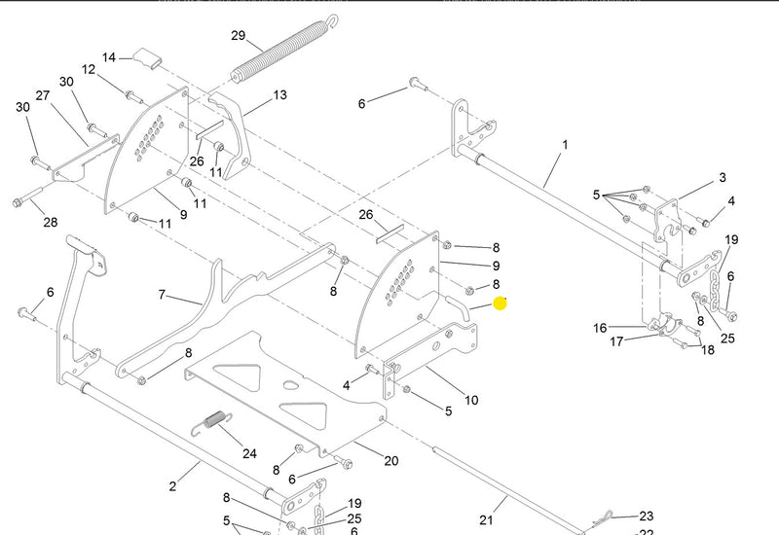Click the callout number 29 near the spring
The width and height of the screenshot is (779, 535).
coord(238,36)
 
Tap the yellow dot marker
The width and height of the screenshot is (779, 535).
coord(501,303)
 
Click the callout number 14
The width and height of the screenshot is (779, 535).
coord(109,57)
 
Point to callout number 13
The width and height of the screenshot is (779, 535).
coord(279,95)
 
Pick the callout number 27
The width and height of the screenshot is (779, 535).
coord(43,95)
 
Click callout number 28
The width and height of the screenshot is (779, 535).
coord(50,223)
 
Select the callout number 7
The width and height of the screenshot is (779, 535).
coord(163,294)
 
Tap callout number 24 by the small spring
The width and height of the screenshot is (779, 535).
coord(249,453)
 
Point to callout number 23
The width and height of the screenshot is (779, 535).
coord(646,517)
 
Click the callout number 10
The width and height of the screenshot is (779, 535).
coord(471,400)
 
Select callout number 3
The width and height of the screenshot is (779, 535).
coord(722,178)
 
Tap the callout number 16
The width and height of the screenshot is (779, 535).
coord(601,328)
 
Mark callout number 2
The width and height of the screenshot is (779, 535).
coord(172,486)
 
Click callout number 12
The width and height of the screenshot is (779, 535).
coord(89,70)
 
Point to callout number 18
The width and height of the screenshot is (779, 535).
coord(707,349)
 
